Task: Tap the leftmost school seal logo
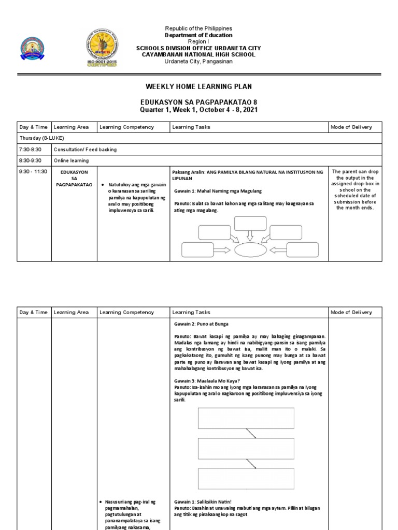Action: pyautogui.click(x=32, y=52)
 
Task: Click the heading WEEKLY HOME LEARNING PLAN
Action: pyautogui.click(x=198, y=86)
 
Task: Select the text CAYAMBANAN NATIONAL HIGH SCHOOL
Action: pyautogui.click(x=198, y=55)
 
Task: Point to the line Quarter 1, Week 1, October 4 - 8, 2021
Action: pyautogui.click(x=198, y=110)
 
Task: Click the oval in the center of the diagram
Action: pyautogui.click(x=251, y=250)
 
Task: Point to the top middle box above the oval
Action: pyautogui.click(x=250, y=223)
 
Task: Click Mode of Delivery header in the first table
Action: pyautogui.click(x=352, y=127)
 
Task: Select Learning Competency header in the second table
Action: pyautogui.click(x=126, y=312)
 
